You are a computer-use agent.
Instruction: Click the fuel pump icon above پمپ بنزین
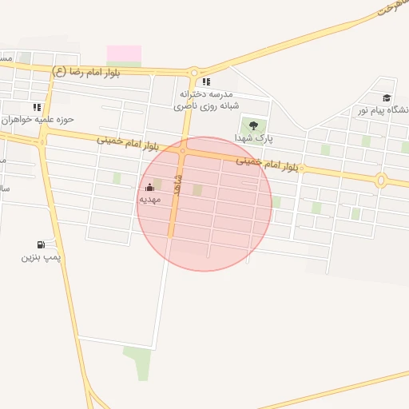[40, 244]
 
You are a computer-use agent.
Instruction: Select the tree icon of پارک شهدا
[253, 125]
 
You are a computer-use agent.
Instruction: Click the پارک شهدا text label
[253, 138]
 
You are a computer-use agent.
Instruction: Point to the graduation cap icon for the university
[387, 97]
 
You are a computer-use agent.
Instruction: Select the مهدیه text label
[149, 199]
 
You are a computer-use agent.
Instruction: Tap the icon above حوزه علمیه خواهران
[37, 107]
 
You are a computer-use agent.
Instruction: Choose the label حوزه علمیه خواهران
[37, 119]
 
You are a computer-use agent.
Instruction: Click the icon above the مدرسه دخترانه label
[206, 81]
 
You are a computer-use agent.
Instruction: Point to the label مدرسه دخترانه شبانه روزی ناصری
[206, 99]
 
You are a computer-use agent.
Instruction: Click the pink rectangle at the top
[124, 53]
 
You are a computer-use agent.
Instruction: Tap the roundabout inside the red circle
[183, 150]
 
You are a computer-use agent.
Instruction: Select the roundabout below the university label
[381, 181]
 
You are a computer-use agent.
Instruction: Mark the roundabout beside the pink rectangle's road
[193, 72]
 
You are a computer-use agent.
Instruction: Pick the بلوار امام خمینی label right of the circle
[267, 164]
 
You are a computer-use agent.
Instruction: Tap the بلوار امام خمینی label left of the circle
[128, 144]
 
